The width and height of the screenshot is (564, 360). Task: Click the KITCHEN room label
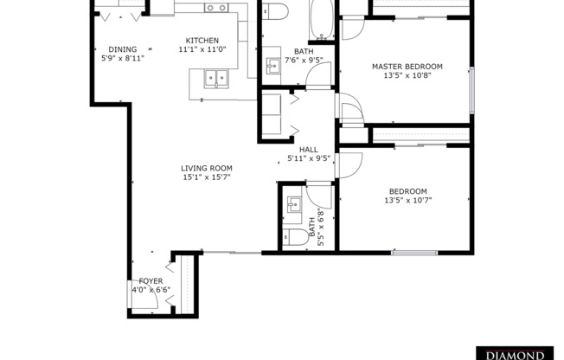pyautogui.click(x=202, y=41)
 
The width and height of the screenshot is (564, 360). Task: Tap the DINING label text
pyautogui.click(x=122, y=49)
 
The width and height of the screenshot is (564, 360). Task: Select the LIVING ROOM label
pyautogui.click(x=206, y=168)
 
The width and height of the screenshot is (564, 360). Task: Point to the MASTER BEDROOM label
pyautogui.click(x=407, y=66)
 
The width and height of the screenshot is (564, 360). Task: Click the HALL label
pyautogui.click(x=308, y=149)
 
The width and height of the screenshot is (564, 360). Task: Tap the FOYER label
pyautogui.click(x=151, y=281)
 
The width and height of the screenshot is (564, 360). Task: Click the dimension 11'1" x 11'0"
pyautogui.click(x=202, y=50)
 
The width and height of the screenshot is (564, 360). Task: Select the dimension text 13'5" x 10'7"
pyautogui.click(x=407, y=201)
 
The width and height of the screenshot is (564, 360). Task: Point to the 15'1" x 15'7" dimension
pyautogui.click(x=206, y=177)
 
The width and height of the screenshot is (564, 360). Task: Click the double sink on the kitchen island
pyautogui.click(x=215, y=80)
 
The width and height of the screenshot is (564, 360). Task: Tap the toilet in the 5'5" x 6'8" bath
pyautogui.click(x=294, y=238)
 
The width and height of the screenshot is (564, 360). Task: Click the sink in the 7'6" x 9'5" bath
pyautogui.click(x=271, y=63)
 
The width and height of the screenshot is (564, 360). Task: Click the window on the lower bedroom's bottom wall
pyautogui.click(x=413, y=253)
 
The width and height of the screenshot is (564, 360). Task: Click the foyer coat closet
pyautogui.click(x=185, y=281)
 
